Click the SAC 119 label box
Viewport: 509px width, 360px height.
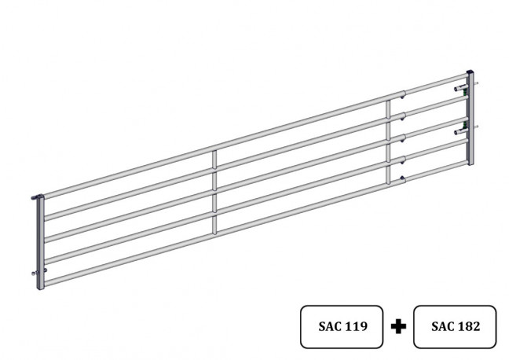pos(342,326)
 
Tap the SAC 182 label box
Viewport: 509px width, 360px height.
pos(455,326)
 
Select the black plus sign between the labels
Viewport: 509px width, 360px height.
pos(398,326)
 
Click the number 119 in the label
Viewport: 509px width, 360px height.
pos(356,326)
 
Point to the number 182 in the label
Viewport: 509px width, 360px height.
pos(468,326)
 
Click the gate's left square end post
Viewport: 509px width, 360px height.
pos(40,242)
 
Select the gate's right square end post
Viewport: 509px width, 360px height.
pos(470,118)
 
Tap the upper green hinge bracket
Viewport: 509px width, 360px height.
pos(465,88)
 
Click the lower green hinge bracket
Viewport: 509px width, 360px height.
pos(465,125)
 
